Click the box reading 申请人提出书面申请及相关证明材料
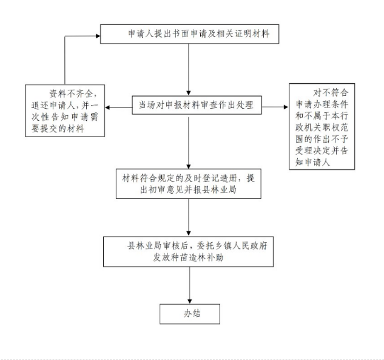(189, 34)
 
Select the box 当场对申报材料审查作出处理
(197, 105)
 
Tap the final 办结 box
(190, 314)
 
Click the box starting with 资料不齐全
(65, 110)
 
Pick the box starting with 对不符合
(322, 126)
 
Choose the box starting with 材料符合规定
(188, 184)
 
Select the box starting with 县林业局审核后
(188, 252)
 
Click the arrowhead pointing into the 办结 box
(189, 302)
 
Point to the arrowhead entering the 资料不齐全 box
(107, 107)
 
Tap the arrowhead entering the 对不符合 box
(286, 107)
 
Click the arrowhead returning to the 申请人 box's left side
(98, 36)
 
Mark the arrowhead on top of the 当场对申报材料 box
(188, 93)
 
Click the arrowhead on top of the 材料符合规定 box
(188, 166)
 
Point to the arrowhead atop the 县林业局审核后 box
(188, 234)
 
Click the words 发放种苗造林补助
(188, 257)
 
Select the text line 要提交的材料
(58, 129)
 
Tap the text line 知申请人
(312, 162)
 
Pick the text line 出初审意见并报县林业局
(188, 189)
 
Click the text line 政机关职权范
(322, 127)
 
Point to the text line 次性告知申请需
(65, 117)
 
